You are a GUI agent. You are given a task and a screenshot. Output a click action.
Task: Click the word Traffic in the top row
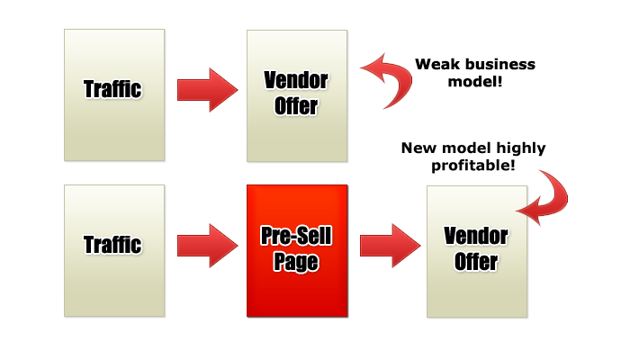(x=112, y=89)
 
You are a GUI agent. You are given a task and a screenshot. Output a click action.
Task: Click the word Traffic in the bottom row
(x=112, y=245)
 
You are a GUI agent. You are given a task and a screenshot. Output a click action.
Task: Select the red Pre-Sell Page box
(x=297, y=251)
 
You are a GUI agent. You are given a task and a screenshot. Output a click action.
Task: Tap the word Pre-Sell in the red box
(x=296, y=236)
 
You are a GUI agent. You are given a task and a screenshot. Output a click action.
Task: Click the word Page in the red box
(x=296, y=263)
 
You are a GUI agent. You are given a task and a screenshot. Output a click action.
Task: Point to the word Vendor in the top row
(x=296, y=80)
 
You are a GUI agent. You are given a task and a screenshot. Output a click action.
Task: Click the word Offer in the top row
(x=296, y=106)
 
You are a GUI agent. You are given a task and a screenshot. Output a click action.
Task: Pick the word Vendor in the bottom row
(x=476, y=236)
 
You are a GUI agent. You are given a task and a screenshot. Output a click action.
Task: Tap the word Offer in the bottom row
(x=476, y=262)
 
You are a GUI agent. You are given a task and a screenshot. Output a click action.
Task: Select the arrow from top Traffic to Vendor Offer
(x=208, y=90)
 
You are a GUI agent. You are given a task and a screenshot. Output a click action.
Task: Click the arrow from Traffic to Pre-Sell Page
(x=208, y=246)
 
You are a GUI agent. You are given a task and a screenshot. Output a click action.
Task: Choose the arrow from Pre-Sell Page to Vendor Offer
(x=391, y=246)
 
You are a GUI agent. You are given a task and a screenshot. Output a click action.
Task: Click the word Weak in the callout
(x=433, y=64)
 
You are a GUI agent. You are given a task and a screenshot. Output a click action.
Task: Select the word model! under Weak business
(x=475, y=82)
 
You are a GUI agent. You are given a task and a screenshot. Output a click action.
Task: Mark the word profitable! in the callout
(x=473, y=166)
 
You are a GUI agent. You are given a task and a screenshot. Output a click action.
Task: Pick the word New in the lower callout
(x=418, y=148)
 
